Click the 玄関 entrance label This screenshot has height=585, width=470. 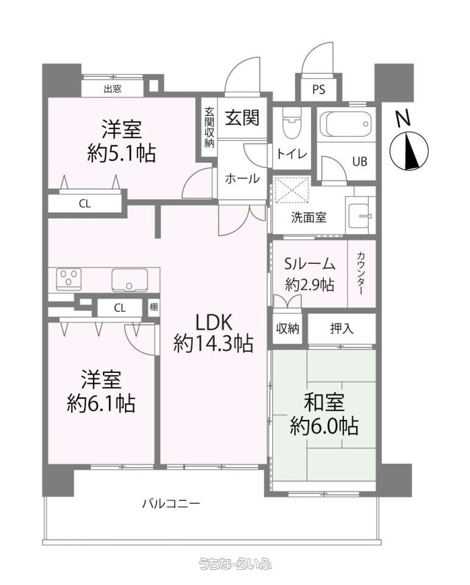242,118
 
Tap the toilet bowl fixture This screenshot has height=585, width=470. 292,122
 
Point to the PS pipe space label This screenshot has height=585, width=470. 318,90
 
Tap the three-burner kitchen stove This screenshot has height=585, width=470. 69,279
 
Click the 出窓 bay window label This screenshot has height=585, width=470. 113,89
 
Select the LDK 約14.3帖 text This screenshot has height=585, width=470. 214,333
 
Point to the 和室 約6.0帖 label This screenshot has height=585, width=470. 324,414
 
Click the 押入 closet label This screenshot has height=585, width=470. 342,328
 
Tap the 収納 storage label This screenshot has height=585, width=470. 288,328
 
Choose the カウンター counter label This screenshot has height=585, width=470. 361,274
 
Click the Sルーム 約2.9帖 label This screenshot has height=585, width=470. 310,274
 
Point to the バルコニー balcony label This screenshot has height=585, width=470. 171,505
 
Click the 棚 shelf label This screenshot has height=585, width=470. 153,307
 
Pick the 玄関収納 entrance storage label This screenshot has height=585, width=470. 209,127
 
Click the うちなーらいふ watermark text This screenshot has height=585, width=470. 235,564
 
